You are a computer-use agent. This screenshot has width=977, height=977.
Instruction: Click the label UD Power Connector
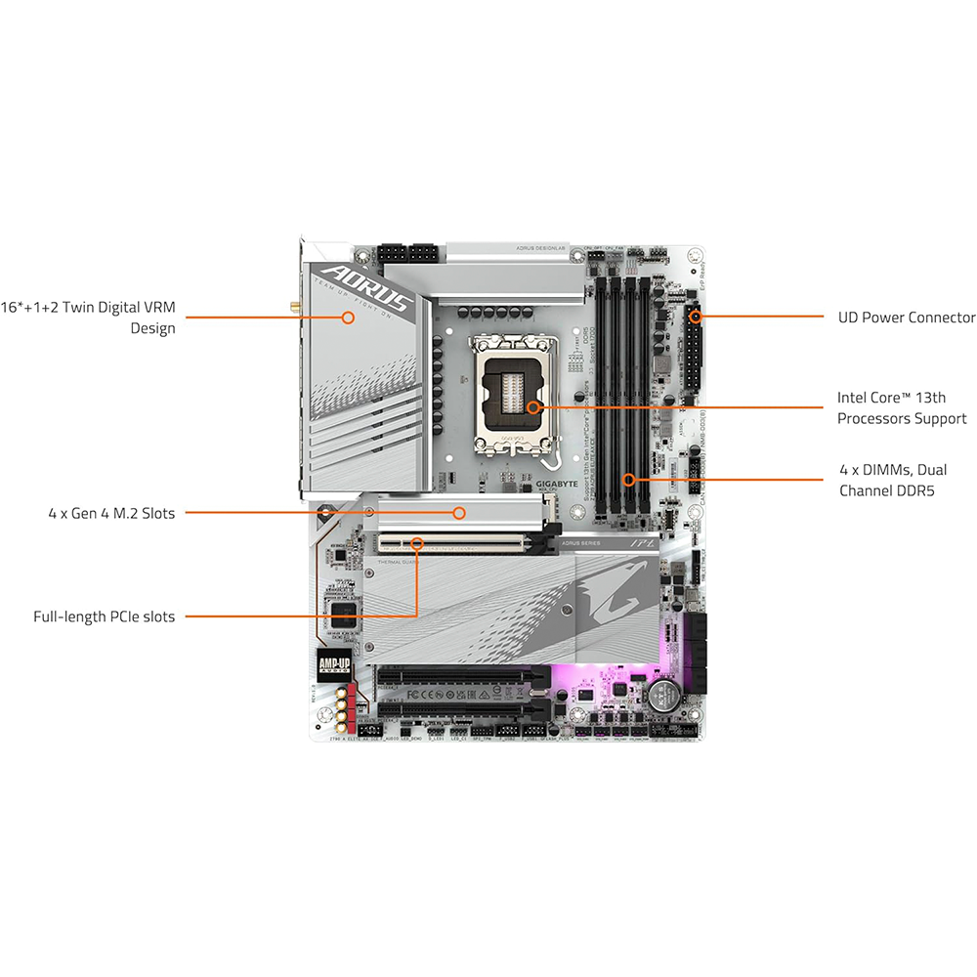tap(906, 318)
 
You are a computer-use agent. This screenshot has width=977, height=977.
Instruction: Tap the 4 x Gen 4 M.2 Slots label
tap(111, 512)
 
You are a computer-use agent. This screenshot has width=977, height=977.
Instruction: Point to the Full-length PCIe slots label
tap(104, 616)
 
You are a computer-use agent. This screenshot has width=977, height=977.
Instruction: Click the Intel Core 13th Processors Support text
tap(901, 408)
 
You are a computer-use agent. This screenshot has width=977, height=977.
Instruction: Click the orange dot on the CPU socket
tap(532, 406)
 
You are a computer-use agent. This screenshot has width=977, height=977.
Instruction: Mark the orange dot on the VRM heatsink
tap(347, 316)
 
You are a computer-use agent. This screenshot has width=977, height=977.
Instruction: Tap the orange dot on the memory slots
tap(630, 479)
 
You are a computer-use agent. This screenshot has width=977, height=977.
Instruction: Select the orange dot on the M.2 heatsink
tap(457, 511)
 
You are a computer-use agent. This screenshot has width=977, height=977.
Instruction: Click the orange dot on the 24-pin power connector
tap(695, 316)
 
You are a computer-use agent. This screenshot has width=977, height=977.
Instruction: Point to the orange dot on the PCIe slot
tap(417, 540)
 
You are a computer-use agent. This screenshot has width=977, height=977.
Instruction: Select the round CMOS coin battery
tap(663, 695)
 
